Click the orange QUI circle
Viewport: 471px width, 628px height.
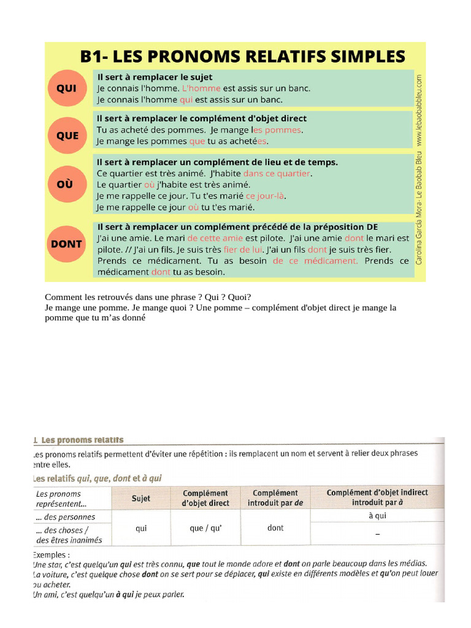(66, 89)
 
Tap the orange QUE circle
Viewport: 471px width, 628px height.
(67, 136)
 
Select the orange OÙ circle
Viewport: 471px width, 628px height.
(66, 184)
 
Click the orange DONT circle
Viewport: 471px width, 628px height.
(66, 244)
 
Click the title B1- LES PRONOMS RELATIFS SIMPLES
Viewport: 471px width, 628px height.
(242, 56)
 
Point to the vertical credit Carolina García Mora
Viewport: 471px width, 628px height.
(419, 209)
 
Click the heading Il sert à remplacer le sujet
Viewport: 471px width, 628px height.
(155, 77)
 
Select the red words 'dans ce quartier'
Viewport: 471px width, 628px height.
(277, 174)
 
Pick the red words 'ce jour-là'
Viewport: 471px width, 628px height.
(266, 196)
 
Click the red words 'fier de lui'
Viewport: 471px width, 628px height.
(243, 250)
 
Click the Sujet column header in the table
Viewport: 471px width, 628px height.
(140, 499)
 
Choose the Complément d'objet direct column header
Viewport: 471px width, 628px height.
(205, 498)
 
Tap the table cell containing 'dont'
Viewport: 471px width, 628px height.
(275, 528)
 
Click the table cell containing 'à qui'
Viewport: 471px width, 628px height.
(377, 516)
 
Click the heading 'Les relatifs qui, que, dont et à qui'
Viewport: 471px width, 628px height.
(97, 478)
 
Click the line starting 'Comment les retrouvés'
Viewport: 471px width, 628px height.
(148, 296)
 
